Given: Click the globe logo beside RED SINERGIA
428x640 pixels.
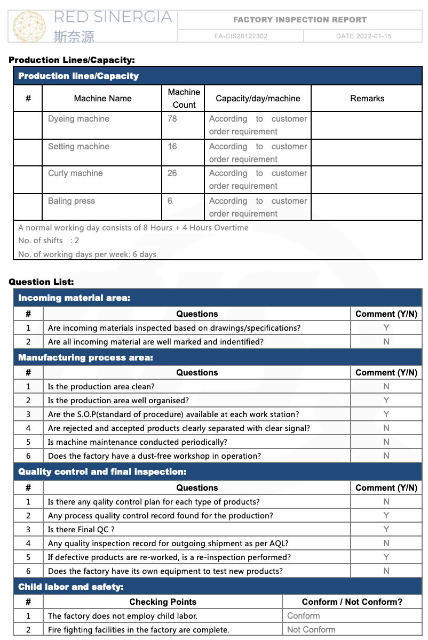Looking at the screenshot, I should click(29, 26).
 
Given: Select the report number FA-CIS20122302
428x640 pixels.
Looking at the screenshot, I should click(241, 36).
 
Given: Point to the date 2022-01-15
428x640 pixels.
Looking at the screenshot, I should click(363, 36).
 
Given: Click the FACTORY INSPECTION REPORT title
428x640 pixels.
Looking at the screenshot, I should click(300, 20).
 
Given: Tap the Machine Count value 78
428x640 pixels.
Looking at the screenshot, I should click(172, 119).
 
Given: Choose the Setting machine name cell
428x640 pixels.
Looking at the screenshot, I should click(78, 147).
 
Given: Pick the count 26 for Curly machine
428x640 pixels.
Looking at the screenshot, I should click(172, 173).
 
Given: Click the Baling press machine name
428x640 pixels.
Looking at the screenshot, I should click(72, 201).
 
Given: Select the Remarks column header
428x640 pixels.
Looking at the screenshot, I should click(367, 99).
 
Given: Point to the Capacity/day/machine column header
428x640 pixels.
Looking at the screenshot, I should click(258, 99).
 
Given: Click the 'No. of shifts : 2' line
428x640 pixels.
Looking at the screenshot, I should click(49, 241).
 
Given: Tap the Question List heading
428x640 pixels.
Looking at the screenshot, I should click(42, 282).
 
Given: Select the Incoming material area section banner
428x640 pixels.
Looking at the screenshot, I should click(74, 298).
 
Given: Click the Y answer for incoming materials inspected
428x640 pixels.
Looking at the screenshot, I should click(386, 328).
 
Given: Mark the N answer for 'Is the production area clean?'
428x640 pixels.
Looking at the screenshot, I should click(386, 387).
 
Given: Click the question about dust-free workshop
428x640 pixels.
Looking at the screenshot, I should click(154, 456).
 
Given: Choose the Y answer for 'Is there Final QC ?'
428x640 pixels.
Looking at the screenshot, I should click(386, 530).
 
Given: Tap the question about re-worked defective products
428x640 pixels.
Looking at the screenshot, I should click(169, 557).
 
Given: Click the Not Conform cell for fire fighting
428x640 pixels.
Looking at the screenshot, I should click(311, 630).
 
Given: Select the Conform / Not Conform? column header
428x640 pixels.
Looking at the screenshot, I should click(352, 602).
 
